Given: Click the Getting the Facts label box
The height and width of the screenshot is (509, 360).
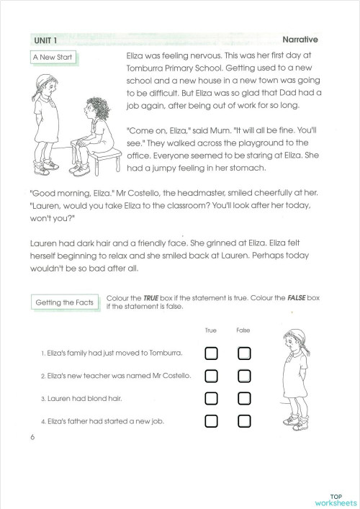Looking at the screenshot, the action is pos(65,302).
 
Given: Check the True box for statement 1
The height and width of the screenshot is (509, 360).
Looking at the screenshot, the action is pos(211,353).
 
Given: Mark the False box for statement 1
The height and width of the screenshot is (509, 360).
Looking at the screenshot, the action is pos(244,353).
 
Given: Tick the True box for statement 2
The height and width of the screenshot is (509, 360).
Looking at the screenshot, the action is pos(211,376).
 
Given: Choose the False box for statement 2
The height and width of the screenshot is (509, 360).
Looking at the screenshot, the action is pos(244,376).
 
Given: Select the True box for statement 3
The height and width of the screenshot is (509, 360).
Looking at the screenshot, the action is pos(211,398).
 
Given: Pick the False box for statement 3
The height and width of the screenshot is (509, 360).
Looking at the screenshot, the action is pos(244,398).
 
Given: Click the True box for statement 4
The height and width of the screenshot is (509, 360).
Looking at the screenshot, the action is pos(211,420).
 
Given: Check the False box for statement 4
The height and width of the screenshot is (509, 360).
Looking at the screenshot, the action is pos(244,420).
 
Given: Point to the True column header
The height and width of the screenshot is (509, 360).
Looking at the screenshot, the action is pos(210,330).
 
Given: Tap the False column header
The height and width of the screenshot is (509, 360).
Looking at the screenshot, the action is pos(243,330).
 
